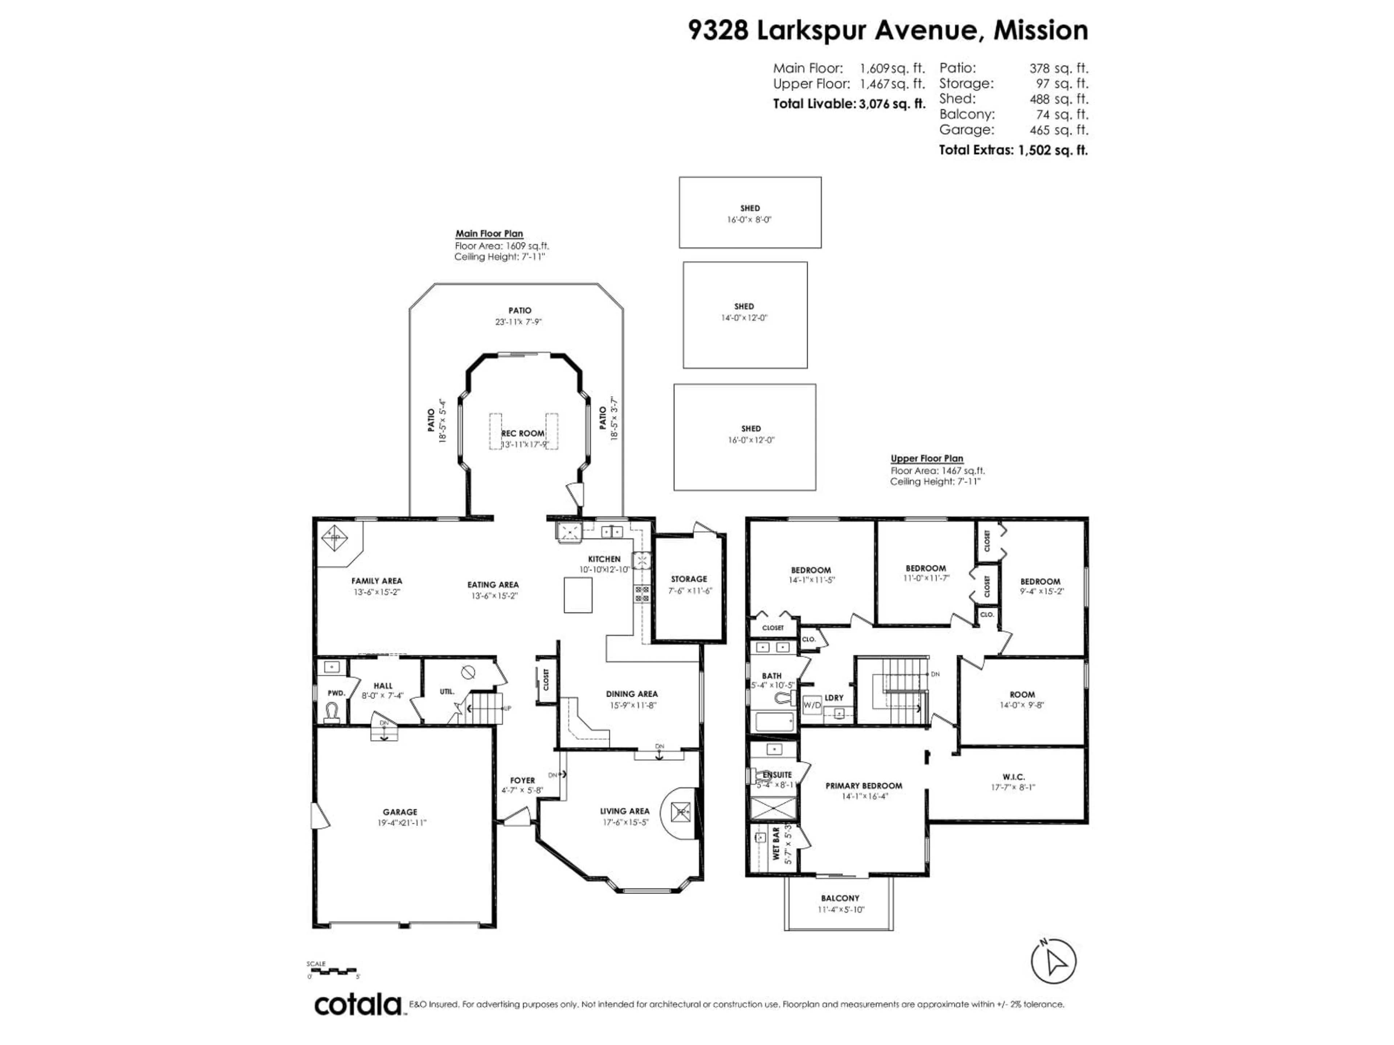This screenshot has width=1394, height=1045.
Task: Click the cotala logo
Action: (x=357, y=1005)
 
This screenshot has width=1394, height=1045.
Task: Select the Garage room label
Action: (x=400, y=812)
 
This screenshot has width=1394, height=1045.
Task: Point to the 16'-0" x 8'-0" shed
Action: (x=750, y=212)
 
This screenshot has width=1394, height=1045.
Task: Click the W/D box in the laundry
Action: (x=812, y=705)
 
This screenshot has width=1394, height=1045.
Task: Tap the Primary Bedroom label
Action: (x=863, y=786)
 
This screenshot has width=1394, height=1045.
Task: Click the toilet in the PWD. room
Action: (x=332, y=712)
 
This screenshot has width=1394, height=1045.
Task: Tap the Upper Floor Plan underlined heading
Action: (x=926, y=459)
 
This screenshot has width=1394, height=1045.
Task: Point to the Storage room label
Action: (x=689, y=579)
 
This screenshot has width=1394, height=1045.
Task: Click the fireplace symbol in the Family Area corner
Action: (x=335, y=538)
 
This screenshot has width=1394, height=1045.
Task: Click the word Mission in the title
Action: (x=1040, y=30)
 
